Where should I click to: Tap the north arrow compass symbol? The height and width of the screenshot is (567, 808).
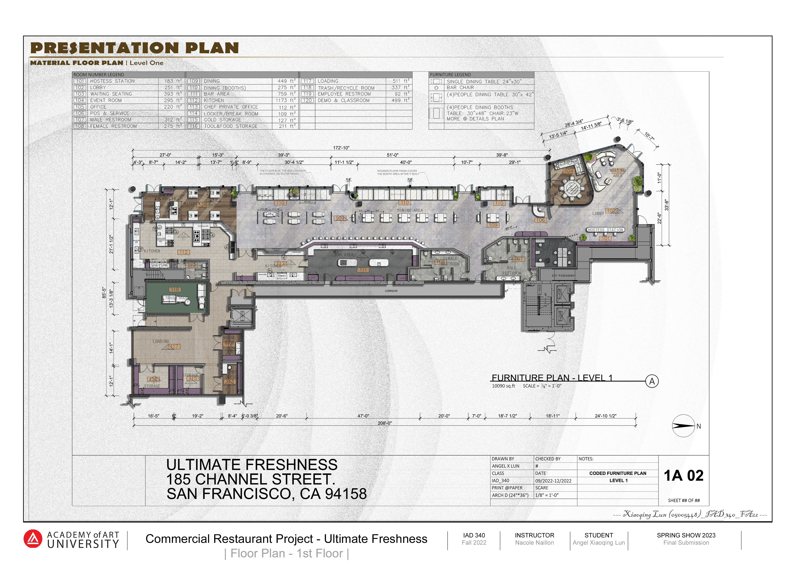point(683,426)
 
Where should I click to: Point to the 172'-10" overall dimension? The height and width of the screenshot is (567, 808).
point(341,148)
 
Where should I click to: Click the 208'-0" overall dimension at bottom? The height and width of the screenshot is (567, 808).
point(385,423)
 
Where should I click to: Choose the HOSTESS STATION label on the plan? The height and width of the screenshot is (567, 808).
point(605,230)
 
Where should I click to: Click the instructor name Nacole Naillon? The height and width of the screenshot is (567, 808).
point(534,543)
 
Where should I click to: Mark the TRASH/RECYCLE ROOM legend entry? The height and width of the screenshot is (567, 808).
point(346,88)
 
